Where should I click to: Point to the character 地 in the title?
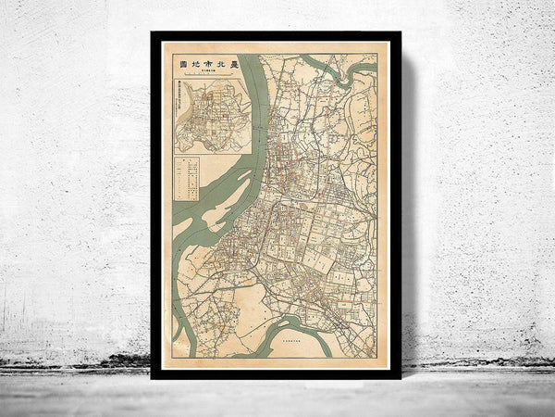195,63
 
